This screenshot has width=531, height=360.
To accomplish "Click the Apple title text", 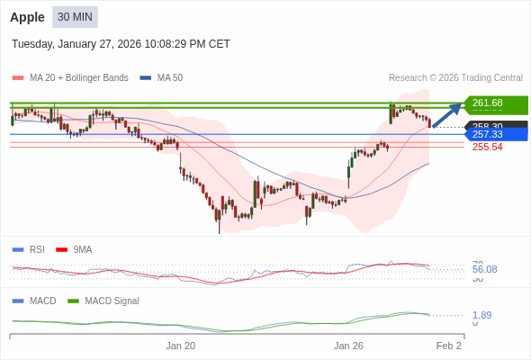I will click(x=28, y=17).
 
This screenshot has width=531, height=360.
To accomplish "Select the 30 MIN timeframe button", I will click(x=75, y=17).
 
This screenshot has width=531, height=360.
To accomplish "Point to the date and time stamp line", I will click(x=121, y=43).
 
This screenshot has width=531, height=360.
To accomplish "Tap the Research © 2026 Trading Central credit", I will click(x=455, y=78).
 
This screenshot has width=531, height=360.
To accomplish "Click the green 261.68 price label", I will click(x=494, y=103).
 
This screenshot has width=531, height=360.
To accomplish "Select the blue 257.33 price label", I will click(x=494, y=134).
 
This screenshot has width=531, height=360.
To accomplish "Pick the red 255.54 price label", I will click(x=487, y=147).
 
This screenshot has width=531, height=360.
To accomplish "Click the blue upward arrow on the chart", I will click(x=447, y=114).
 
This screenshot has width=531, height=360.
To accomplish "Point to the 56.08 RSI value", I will click(x=484, y=269).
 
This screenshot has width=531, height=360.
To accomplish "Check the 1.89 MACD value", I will click(x=481, y=315).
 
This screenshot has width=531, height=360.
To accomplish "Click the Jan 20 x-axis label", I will click(x=180, y=346).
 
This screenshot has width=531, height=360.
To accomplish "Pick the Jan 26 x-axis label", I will click(x=348, y=346).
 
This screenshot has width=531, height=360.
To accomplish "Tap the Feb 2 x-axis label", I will click(x=448, y=346).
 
